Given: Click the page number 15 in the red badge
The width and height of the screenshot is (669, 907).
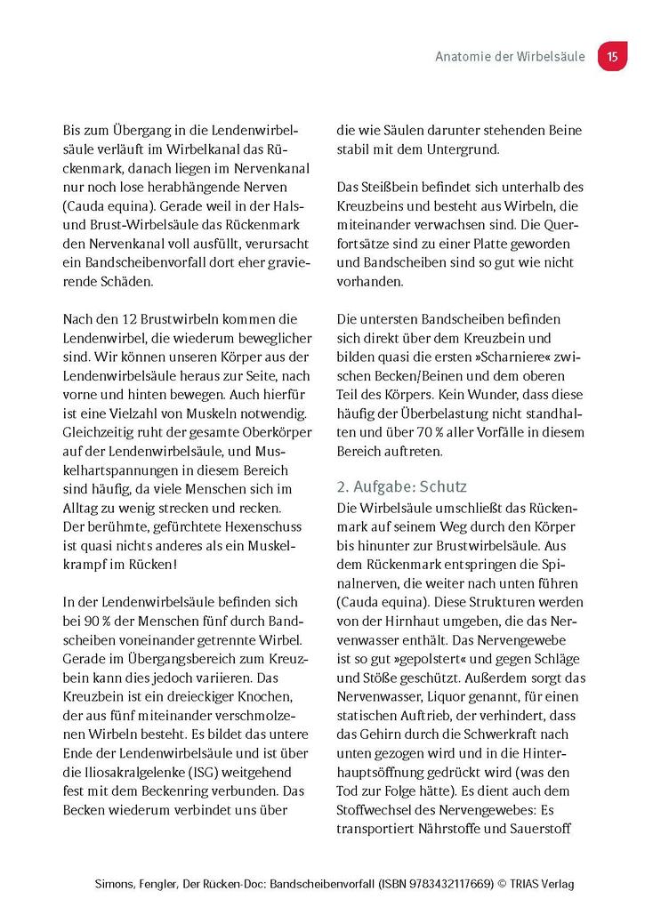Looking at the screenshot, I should pyautogui.click(x=612, y=56).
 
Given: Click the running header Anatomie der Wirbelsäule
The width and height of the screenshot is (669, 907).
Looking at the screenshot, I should pyautogui.click(x=510, y=56).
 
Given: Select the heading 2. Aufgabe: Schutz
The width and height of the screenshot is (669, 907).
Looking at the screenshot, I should pyautogui.click(x=401, y=486).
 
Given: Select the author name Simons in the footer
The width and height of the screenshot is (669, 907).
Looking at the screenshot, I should pyautogui.click(x=117, y=884).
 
